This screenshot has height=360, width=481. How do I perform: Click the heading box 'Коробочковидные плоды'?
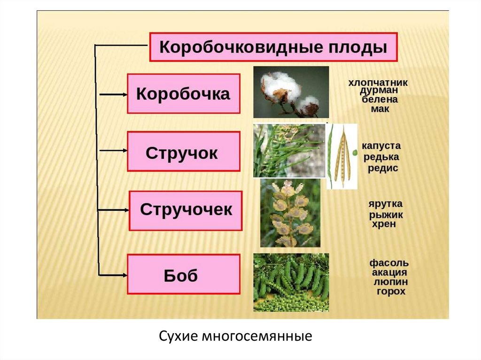click(273, 47)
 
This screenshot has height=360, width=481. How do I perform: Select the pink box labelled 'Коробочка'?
click(183, 93)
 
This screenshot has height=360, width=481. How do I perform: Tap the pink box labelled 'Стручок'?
click(183, 152)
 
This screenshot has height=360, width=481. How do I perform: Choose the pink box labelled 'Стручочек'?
click(186, 210)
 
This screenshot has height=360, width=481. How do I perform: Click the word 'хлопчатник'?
click(378, 83)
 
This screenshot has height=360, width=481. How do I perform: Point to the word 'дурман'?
click(380, 91)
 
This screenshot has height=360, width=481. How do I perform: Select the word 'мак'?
click(379, 109)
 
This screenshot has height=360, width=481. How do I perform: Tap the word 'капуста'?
click(380, 146)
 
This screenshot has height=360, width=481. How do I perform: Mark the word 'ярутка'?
click(386, 205)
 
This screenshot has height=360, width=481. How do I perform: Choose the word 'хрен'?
click(384, 224)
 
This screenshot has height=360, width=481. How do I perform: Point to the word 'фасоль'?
click(389, 262)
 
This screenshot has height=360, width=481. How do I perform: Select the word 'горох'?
click(391, 291)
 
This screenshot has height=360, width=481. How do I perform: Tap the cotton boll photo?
click(291, 92)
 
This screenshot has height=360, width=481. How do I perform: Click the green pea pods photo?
click(291, 282)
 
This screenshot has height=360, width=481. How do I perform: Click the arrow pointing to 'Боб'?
click(113, 274)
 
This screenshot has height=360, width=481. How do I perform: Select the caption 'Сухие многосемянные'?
click(235, 336)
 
